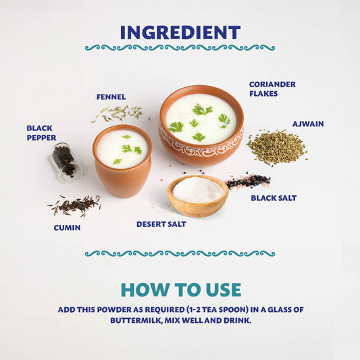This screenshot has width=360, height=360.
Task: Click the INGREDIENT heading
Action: coord(180,32)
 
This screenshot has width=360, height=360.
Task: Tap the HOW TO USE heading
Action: coord(181,290)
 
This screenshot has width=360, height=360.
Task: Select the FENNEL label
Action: coord(111,97)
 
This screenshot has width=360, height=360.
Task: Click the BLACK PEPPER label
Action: coord(41,132)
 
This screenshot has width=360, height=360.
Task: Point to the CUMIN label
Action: coord(67,228)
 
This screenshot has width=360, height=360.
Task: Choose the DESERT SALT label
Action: coord(161,224)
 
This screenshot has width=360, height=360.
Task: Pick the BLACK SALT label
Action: coord(274,198)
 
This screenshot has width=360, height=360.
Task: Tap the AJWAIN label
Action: coord(308,124)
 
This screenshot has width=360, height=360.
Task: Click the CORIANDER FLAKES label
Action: coord(272,89)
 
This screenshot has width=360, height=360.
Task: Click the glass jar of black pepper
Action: coord(66,162)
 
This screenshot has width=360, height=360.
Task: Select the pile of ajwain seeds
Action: coord(277,147)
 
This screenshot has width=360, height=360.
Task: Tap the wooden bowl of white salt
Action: coord(198,196)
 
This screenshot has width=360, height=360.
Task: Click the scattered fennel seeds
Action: coord(120,113)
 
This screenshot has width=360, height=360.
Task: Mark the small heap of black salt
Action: coord(248,181)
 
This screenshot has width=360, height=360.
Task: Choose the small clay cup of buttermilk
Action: coord(122,161)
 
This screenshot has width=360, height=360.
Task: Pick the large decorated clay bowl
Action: coord(201,126)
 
